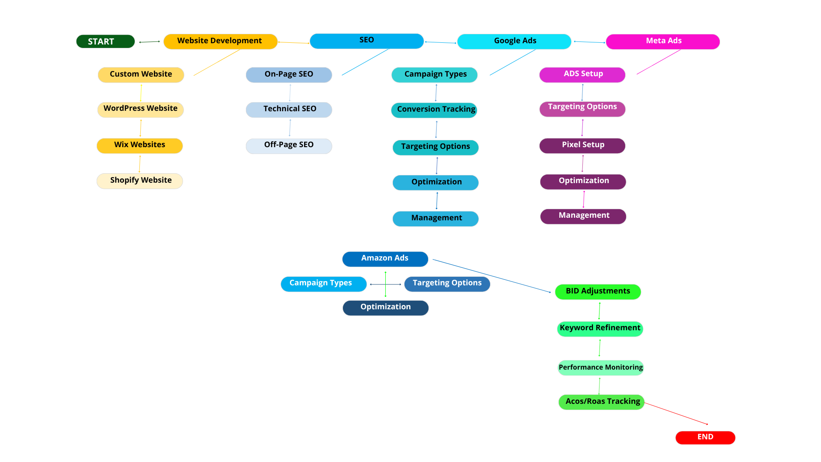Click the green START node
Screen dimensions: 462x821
coord(105,41)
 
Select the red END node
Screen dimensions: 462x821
coord(705,437)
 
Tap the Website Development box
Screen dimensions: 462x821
coord(220,41)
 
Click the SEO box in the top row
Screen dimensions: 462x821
coord(366,41)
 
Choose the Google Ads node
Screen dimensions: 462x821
coord(514,41)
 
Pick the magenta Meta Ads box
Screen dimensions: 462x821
coord(663,41)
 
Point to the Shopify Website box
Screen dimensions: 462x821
coord(140,181)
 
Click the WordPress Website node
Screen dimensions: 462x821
coord(140,110)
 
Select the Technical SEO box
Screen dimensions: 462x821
coord(289,110)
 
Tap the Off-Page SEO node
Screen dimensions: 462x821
coord(289,146)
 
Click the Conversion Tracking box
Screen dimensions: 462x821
coord(434,110)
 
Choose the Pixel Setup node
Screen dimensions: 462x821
coord(582,145)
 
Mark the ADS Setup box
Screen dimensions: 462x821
coord(582,74)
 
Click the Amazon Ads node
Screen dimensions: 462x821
coord(385,259)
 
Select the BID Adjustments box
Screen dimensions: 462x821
coord(598,292)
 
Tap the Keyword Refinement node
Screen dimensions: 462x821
coord(600,329)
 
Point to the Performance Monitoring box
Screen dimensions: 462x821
coord(600,367)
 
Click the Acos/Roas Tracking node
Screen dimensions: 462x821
coord(601,402)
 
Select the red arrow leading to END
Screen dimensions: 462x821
coord(676,413)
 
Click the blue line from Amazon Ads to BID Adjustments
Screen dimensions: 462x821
coord(492,276)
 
